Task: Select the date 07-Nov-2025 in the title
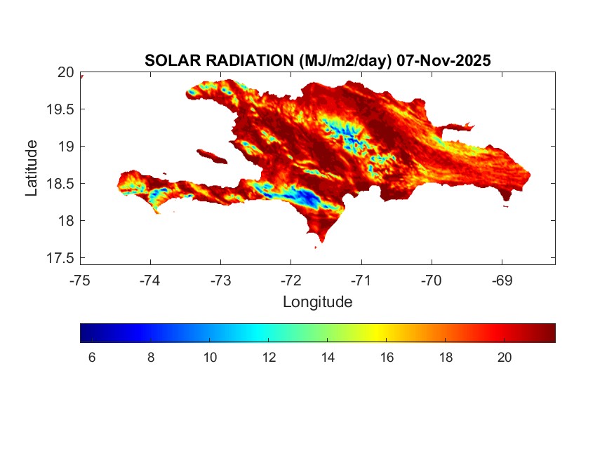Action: coord(443,60)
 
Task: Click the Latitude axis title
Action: coord(32,168)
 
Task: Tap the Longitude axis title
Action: coord(317,302)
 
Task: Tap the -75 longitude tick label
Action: coord(80,280)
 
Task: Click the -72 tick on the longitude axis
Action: coord(291,280)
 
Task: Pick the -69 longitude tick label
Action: coord(502,280)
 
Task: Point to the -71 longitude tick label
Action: coord(361,280)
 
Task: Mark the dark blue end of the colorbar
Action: coord(84,332)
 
